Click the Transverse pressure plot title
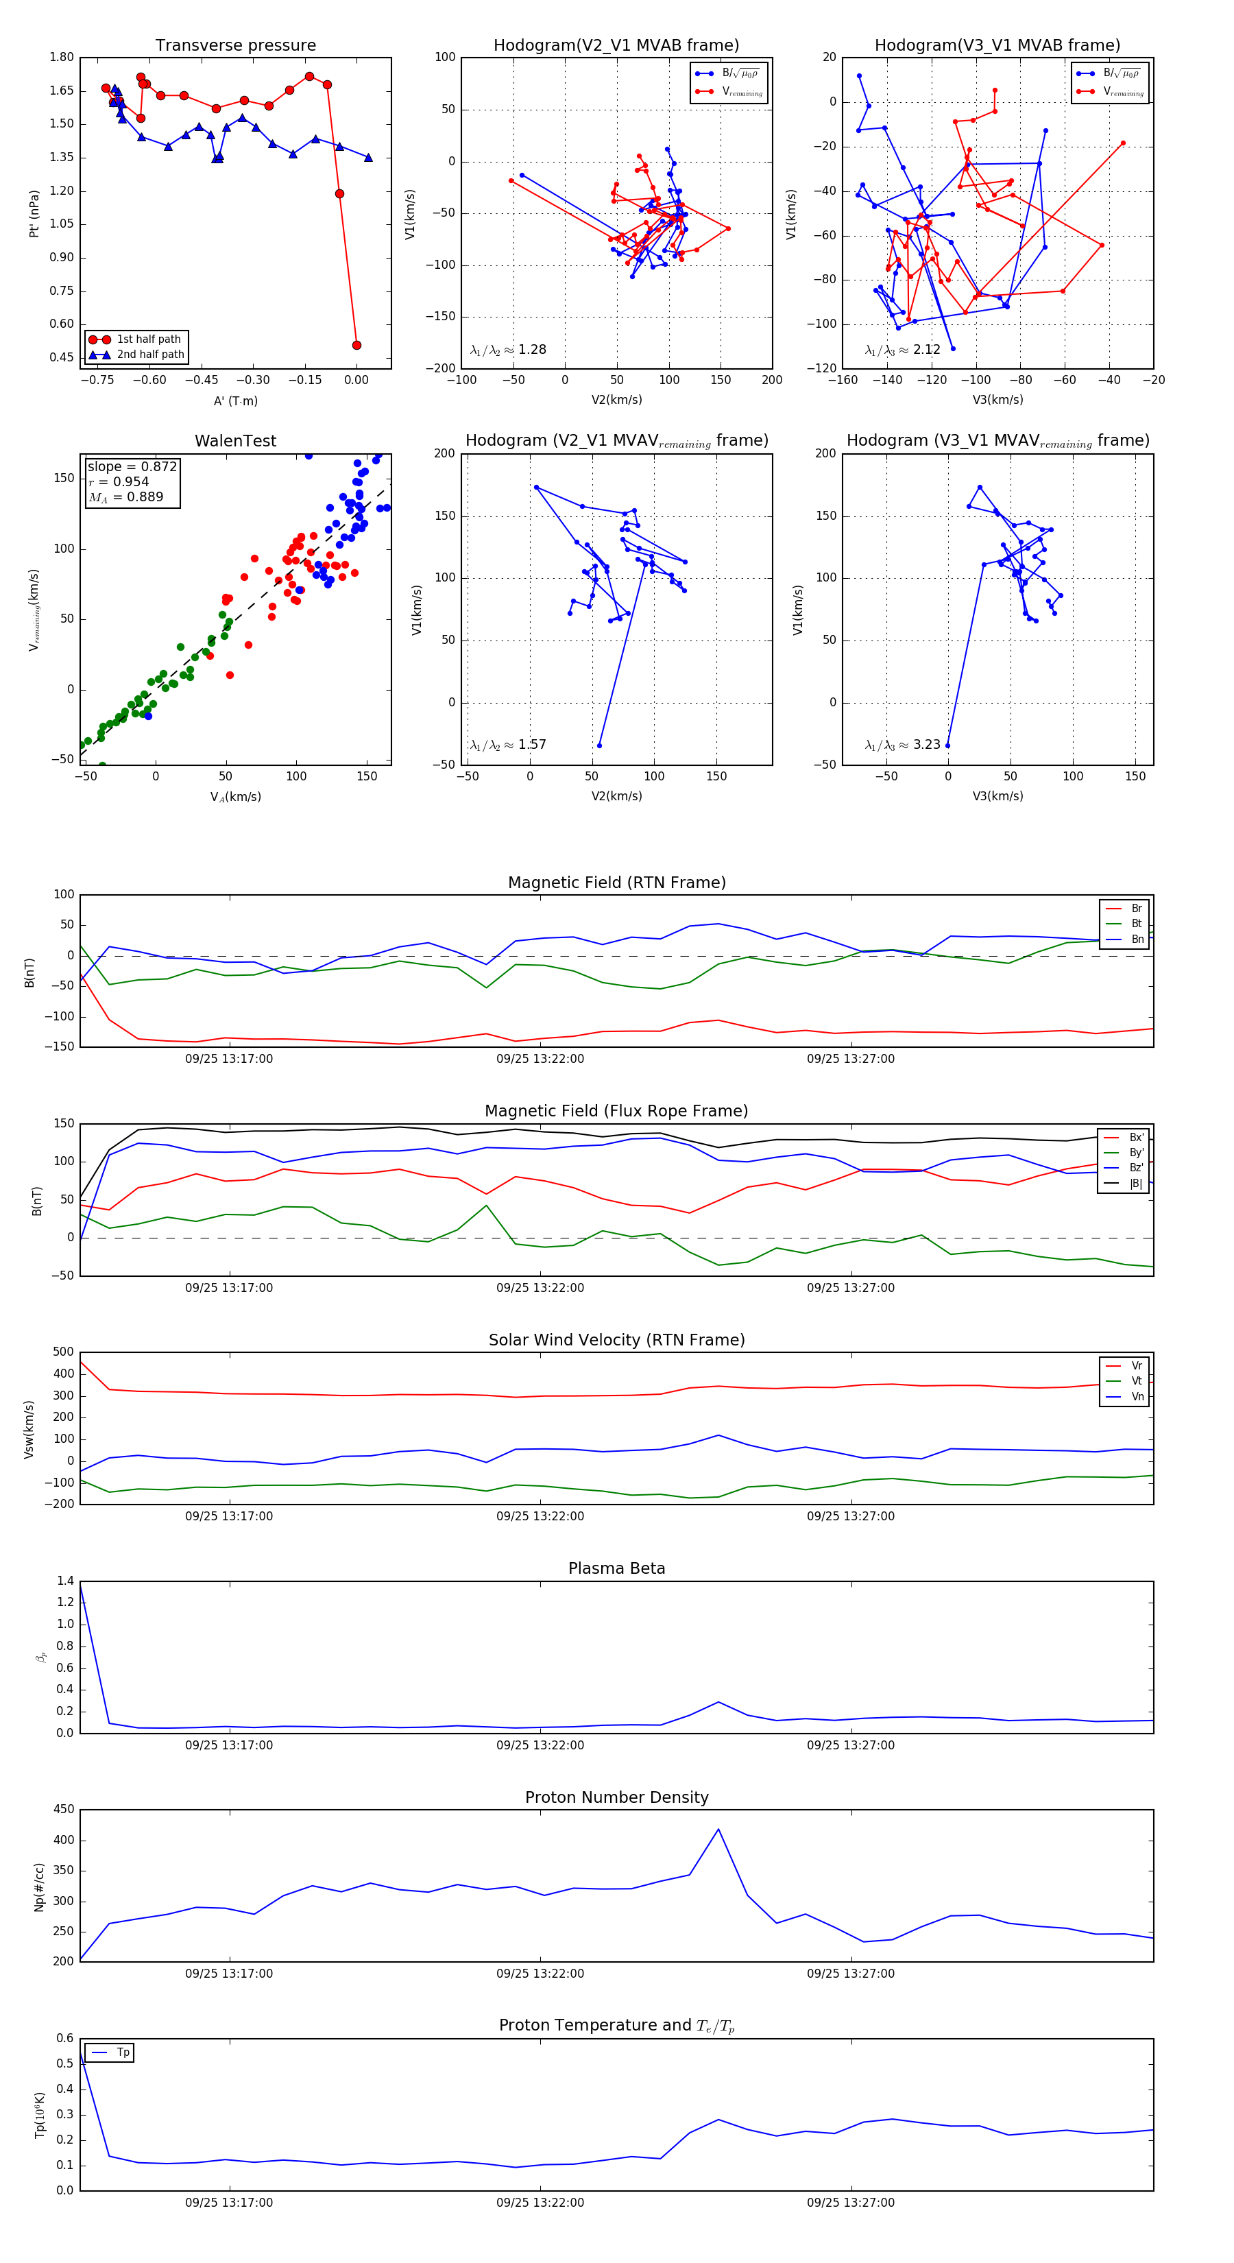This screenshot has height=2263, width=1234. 235,46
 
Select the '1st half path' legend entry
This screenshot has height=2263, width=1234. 147,339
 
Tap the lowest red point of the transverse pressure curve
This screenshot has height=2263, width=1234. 356,345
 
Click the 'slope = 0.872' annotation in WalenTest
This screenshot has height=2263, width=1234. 132,466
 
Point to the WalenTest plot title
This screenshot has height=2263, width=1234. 235,441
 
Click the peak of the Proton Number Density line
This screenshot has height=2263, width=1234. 718,1830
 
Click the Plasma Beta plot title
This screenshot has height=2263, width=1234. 616,1569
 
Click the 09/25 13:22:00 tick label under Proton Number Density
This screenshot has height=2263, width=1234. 540,1974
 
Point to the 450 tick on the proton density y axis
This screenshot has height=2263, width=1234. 63,1810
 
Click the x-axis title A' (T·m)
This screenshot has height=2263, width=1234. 235,400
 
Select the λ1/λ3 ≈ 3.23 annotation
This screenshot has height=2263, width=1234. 902,745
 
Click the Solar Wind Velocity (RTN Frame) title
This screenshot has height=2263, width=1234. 616,1340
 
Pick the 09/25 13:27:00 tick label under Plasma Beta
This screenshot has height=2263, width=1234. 851,1745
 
